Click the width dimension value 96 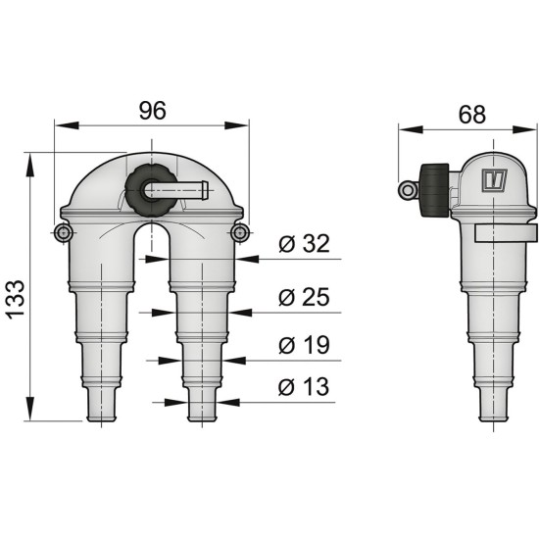[x=152, y=111]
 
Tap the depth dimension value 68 [x=470, y=114]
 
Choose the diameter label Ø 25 [x=303, y=297]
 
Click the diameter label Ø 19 [x=303, y=345]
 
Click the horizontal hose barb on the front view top [x=192, y=186]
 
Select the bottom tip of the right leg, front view [x=202, y=419]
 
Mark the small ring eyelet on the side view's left [x=407, y=189]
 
